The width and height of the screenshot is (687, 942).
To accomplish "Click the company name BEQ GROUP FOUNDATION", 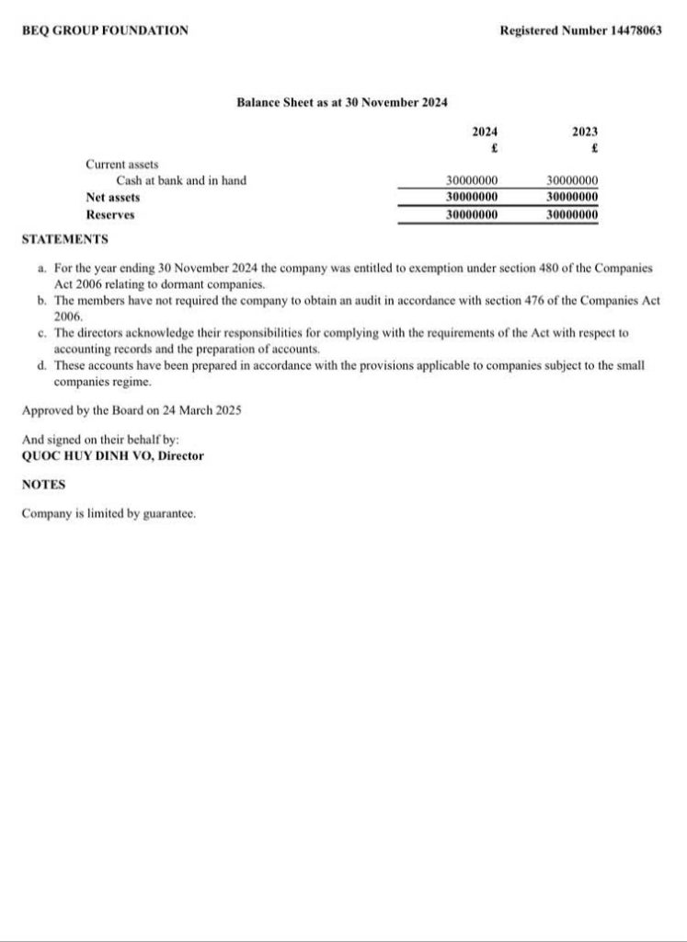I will pyautogui.click(x=105, y=30).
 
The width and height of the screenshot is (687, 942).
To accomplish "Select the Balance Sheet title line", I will pyautogui.click(x=342, y=102).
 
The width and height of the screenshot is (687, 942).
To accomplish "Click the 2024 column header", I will pyautogui.click(x=485, y=132).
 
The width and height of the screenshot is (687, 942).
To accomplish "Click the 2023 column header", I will pyautogui.click(x=585, y=132).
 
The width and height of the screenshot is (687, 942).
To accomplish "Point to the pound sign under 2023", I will pyautogui.click(x=595, y=147).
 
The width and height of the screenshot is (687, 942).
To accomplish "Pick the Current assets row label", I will pyautogui.click(x=122, y=164).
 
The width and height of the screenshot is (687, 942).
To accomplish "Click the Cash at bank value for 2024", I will pyautogui.click(x=472, y=181).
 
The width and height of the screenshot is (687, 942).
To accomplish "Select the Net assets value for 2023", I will pyautogui.click(x=572, y=197).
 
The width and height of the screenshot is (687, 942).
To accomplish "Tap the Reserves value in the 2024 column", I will pyautogui.click(x=472, y=214).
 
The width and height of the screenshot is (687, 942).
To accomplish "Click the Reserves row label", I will pyautogui.click(x=110, y=214).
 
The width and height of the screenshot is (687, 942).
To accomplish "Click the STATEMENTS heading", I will pyautogui.click(x=64, y=239).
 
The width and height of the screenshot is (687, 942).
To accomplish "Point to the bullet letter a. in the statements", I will pyautogui.click(x=42, y=268).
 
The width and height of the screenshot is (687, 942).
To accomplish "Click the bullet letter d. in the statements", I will pyautogui.click(x=42, y=366).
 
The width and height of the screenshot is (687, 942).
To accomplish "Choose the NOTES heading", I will pyautogui.click(x=43, y=484).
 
